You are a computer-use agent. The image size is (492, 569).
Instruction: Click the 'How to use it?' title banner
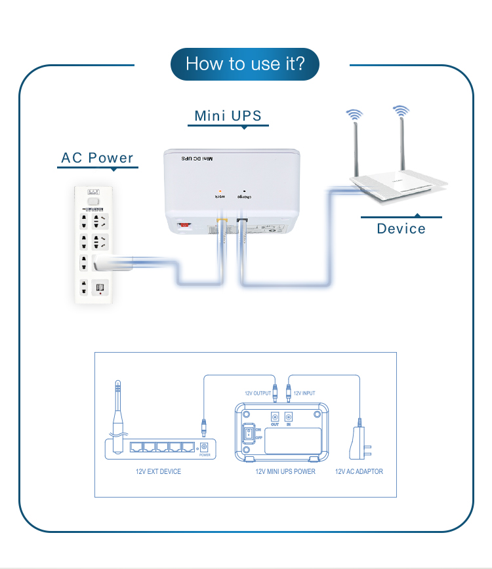245,64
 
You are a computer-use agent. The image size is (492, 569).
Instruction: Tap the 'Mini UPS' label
228,116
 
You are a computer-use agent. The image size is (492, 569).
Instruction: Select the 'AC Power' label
97,158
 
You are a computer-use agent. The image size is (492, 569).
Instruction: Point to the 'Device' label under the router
401,229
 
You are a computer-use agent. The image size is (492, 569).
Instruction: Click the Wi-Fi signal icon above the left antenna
354,115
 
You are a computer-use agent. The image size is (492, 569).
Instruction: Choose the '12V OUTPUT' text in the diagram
258,393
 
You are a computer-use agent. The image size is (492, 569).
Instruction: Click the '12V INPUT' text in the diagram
304,393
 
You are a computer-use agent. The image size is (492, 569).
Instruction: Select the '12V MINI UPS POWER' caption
285,471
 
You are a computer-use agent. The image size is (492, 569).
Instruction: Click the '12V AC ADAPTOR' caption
359,471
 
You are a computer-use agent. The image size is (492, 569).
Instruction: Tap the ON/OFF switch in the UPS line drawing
249,433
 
